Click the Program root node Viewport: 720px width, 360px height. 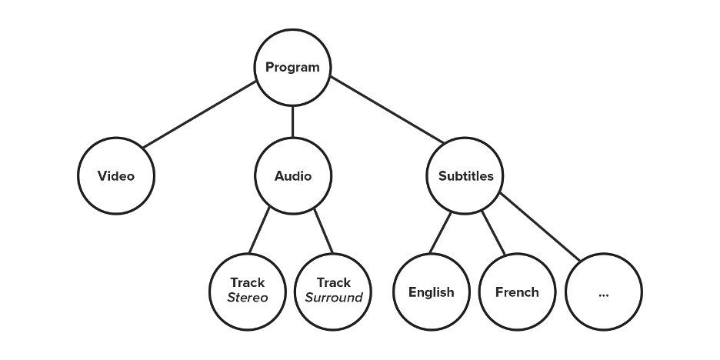click(292, 68)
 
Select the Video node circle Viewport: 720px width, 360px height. click(116, 176)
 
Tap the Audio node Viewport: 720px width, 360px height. click(293, 176)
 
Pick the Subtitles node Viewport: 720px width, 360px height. click(465, 176)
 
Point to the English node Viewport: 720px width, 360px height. click(431, 292)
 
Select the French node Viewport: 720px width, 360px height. click(517, 292)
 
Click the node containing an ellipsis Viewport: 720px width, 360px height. click(603, 292)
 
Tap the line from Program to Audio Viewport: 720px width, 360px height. click(293, 122)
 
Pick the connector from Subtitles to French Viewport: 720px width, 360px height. click(492, 233)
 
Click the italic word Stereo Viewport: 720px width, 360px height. click(248, 298)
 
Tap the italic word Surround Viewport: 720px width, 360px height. click(333, 298)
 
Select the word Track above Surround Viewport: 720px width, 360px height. click(333, 283)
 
